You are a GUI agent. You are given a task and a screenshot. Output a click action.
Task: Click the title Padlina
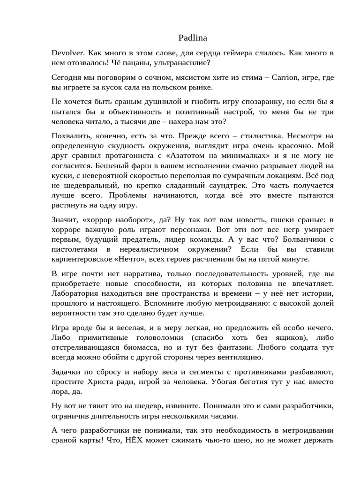coord(193,37)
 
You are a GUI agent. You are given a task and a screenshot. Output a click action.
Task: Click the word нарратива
coord(130,274)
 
